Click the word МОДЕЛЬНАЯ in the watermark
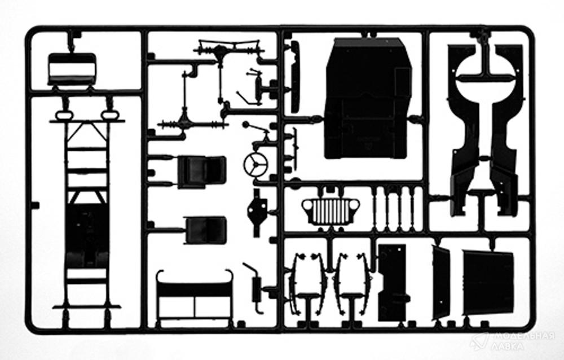tap(524, 337)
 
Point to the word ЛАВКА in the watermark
tap(508, 346)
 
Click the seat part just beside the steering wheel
tap(202, 172)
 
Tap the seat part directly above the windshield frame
tap(205, 230)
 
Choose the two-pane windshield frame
tap(195, 295)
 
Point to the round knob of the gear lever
tap(246, 125)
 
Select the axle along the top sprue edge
tap(230, 48)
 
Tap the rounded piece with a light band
tap(72, 69)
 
